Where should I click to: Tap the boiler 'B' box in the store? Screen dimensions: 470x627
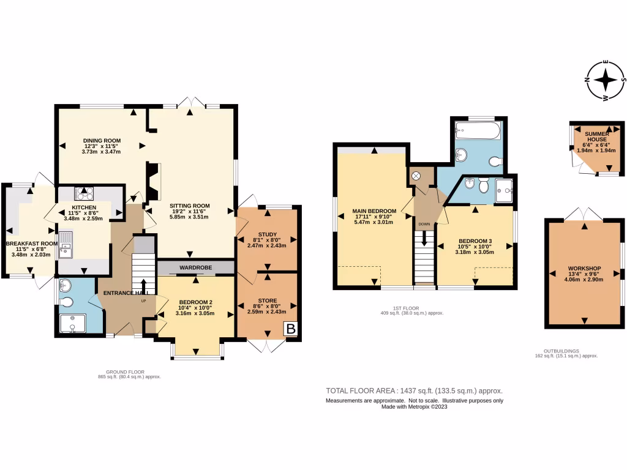tap(291, 329)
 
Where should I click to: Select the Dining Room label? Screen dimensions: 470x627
tap(102, 141)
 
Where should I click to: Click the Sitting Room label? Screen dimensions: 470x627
tap(189, 206)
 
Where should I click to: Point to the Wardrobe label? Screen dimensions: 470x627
tap(195, 268)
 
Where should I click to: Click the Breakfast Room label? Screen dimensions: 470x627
tap(31, 244)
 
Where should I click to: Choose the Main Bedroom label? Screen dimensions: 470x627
tap(374, 211)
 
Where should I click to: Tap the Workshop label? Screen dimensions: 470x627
tap(584, 269)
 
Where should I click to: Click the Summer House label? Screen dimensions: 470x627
tap(596, 136)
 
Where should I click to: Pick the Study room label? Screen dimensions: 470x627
tap(266, 233)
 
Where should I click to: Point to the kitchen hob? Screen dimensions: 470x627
tap(83, 194)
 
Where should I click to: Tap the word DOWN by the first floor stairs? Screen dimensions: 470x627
tap(424, 224)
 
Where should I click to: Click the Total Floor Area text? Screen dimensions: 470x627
tap(414, 390)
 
